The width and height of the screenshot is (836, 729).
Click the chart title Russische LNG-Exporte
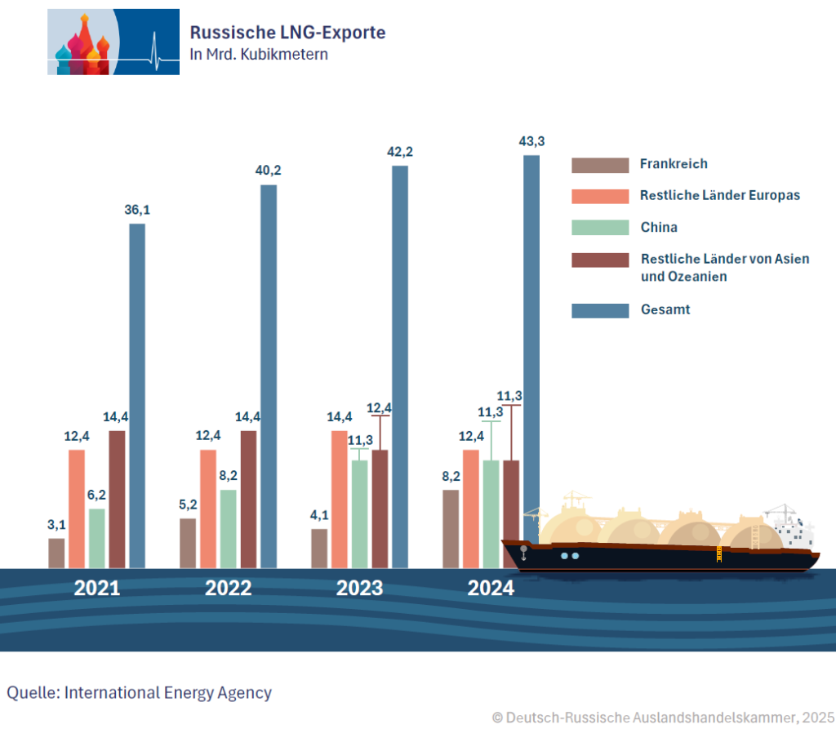[x=287, y=32]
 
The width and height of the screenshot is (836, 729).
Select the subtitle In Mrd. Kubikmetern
[x=259, y=55]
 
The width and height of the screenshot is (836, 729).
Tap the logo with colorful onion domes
[x=113, y=42]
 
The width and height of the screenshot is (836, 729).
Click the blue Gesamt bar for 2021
[x=137, y=395]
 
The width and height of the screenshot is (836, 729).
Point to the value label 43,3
[x=531, y=141]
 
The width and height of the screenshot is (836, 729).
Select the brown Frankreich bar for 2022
[x=188, y=543]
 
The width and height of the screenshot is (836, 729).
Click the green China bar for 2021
[x=97, y=538]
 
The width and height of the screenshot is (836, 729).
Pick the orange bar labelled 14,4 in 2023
[x=339, y=498]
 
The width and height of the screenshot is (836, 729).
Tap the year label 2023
[x=360, y=588]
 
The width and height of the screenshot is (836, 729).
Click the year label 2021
[x=97, y=588]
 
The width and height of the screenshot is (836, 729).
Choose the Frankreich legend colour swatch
[x=599, y=165]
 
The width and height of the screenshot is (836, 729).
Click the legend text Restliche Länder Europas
[x=720, y=196]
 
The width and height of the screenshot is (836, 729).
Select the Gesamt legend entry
[x=665, y=309]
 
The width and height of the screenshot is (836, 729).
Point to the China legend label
[x=659, y=228]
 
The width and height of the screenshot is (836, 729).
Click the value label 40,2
[x=269, y=171]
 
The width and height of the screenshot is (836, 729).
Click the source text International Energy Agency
[x=167, y=692]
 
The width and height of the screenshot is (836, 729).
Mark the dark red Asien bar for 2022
[x=248, y=499]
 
